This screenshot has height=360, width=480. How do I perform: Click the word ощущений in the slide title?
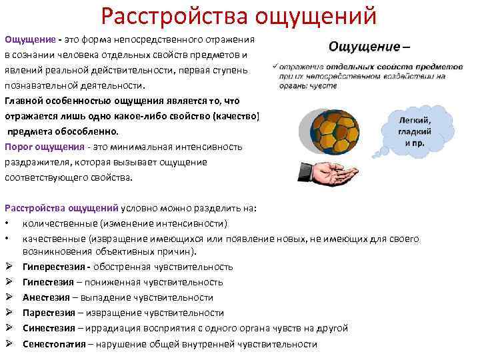[313, 14]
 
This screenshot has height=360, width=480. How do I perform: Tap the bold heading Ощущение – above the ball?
[369, 47]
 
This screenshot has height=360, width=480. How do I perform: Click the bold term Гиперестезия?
[54, 267]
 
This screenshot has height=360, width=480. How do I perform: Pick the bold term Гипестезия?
[49, 282]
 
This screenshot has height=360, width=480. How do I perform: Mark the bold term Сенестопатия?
[54, 344]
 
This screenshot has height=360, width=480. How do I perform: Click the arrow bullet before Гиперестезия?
[9, 267]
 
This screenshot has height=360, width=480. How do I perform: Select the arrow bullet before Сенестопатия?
[9, 344]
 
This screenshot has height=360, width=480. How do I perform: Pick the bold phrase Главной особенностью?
[51, 101]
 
